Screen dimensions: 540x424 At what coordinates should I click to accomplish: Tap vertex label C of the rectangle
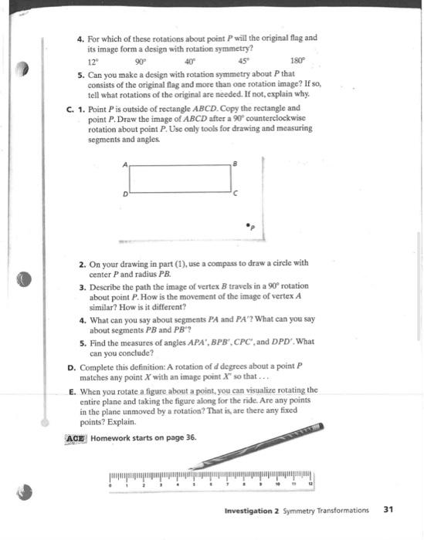pyautogui.click(x=238, y=193)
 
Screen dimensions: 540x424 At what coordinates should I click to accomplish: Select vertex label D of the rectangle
pyautogui.click(x=124, y=195)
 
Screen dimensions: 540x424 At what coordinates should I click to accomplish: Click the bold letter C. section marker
pyautogui.click(x=71, y=109)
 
